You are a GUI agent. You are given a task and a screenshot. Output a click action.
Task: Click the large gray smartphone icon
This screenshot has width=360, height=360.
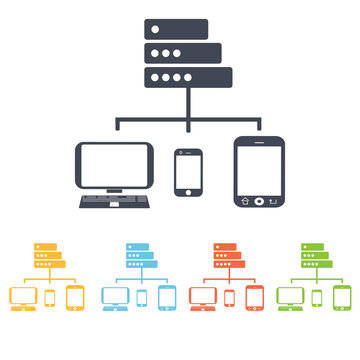pyautogui.click(x=188, y=172)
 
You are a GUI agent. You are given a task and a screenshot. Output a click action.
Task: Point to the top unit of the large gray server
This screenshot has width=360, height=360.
pyautogui.click(x=176, y=29)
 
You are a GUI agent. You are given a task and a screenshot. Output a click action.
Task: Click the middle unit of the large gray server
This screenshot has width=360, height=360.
pyautogui.click(x=182, y=52)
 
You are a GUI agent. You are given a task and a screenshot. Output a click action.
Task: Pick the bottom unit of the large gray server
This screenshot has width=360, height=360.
pyautogui.click(x=188, y=76)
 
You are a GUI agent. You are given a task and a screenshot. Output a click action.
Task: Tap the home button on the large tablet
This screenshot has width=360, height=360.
pyautogui.click(x=259, y=200)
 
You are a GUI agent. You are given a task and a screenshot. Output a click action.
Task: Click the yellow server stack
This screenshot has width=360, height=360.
pyautogui.click(x=46, y=258)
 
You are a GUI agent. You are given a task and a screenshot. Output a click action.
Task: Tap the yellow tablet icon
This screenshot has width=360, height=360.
pyautogui.click(x=75, y=297)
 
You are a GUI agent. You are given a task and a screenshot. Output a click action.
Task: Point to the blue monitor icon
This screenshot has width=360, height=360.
pyautogui.click(x=115, y=296)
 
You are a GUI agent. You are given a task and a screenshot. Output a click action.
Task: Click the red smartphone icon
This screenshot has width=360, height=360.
pyautogui.click(x=230, y=298)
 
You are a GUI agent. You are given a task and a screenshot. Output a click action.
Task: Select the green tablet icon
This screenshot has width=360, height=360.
pyautogui.click(x=342, y=297)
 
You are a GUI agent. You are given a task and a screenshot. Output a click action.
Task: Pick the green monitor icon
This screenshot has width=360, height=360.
pyautogui.click(x=292, y=296)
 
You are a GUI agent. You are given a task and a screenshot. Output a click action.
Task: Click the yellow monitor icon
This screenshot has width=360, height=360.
pyautogui.click(x=24, y=296)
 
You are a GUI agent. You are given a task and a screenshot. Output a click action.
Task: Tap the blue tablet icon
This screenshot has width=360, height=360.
pyautogui.click(x=166, y=297)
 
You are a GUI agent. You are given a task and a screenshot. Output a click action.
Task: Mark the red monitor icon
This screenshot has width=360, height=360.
pyautogui.click(x=203, y=296)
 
